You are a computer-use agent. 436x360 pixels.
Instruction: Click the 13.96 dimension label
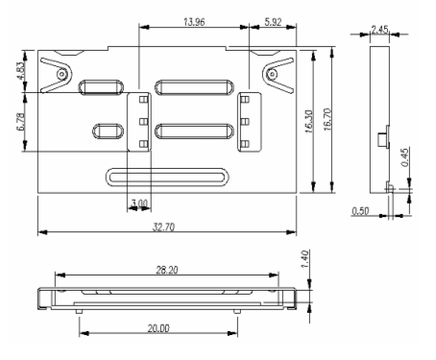pyautogui.click(x=194, y=22)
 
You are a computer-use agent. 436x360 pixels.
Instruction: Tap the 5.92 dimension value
pyautogui.click(x=273, y=22)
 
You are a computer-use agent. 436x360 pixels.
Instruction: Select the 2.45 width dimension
pyautogui.click(x=379, y=30)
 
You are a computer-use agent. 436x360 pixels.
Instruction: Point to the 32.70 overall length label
pyautogui.click(x=163, y=228)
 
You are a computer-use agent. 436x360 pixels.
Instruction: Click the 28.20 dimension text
pyautogui.click(x=167, y=270)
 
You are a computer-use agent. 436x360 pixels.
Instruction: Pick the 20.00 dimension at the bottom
pyautogui.click(x=158, y=328)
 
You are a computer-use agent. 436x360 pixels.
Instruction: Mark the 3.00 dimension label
pyautogui.click(x=139, y=204)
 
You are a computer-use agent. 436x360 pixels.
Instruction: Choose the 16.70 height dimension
pyautogui.click(x=327, y=119)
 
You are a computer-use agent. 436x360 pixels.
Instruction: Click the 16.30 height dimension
pyautogui.click(x=309, y=122)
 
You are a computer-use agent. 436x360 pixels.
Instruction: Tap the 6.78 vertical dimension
pyautogui.click(x=21, y=122)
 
